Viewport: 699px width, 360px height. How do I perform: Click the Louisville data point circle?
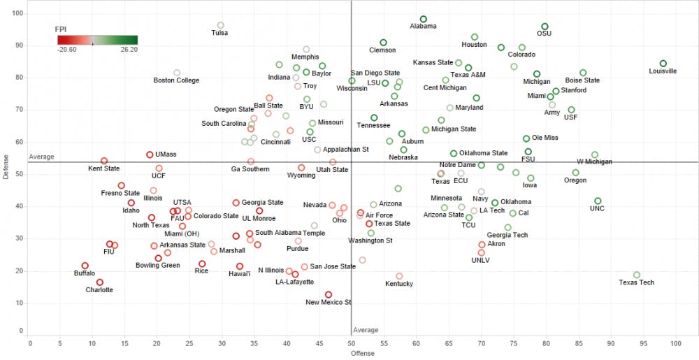coord(663,64)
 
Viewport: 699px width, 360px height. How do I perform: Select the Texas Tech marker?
coord(637,275)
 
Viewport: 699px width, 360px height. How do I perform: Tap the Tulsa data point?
coord(220,25)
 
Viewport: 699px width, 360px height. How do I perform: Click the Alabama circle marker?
coord(423,19)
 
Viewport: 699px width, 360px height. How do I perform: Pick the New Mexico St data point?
coord(329,294)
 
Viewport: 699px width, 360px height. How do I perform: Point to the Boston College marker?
coord(177,73)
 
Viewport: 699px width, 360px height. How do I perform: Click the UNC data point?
coord(598,201)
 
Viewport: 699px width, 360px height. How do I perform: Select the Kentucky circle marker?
coord(399,276)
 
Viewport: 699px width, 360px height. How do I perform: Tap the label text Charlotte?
coord(99,290)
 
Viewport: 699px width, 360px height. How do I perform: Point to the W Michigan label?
coord(594,162)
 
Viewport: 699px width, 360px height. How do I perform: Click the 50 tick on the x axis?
coord(351,343)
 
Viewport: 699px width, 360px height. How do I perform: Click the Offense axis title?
coord(363,353)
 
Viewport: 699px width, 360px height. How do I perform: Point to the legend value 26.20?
coord(129,50)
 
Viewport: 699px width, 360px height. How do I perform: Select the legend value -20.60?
coord(67,50)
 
